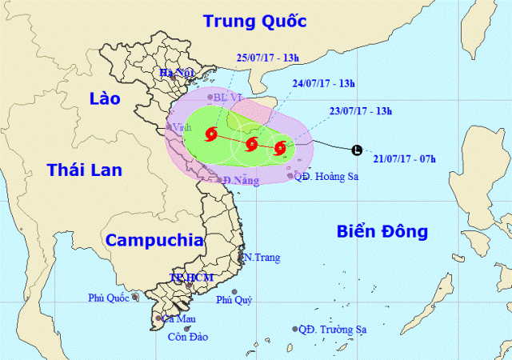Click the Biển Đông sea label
click(381, 232)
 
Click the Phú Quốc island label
click(109, 298)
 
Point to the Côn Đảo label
click(187, 337)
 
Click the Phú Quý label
click(234, 300)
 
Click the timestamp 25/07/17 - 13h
click(267, 57)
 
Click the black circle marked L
click(357, 150)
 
